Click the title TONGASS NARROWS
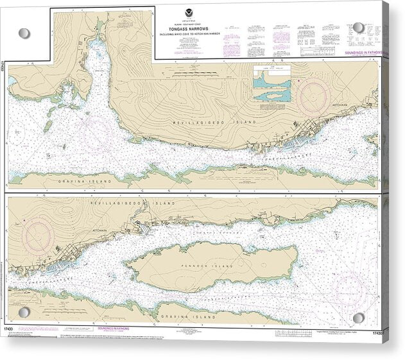coord(202,28)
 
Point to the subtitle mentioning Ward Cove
coord(202,32)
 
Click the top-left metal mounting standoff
coord(24,33)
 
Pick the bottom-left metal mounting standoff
coord(24,313)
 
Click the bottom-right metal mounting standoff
coord(358,318)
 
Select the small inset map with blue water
coord(271,83)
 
